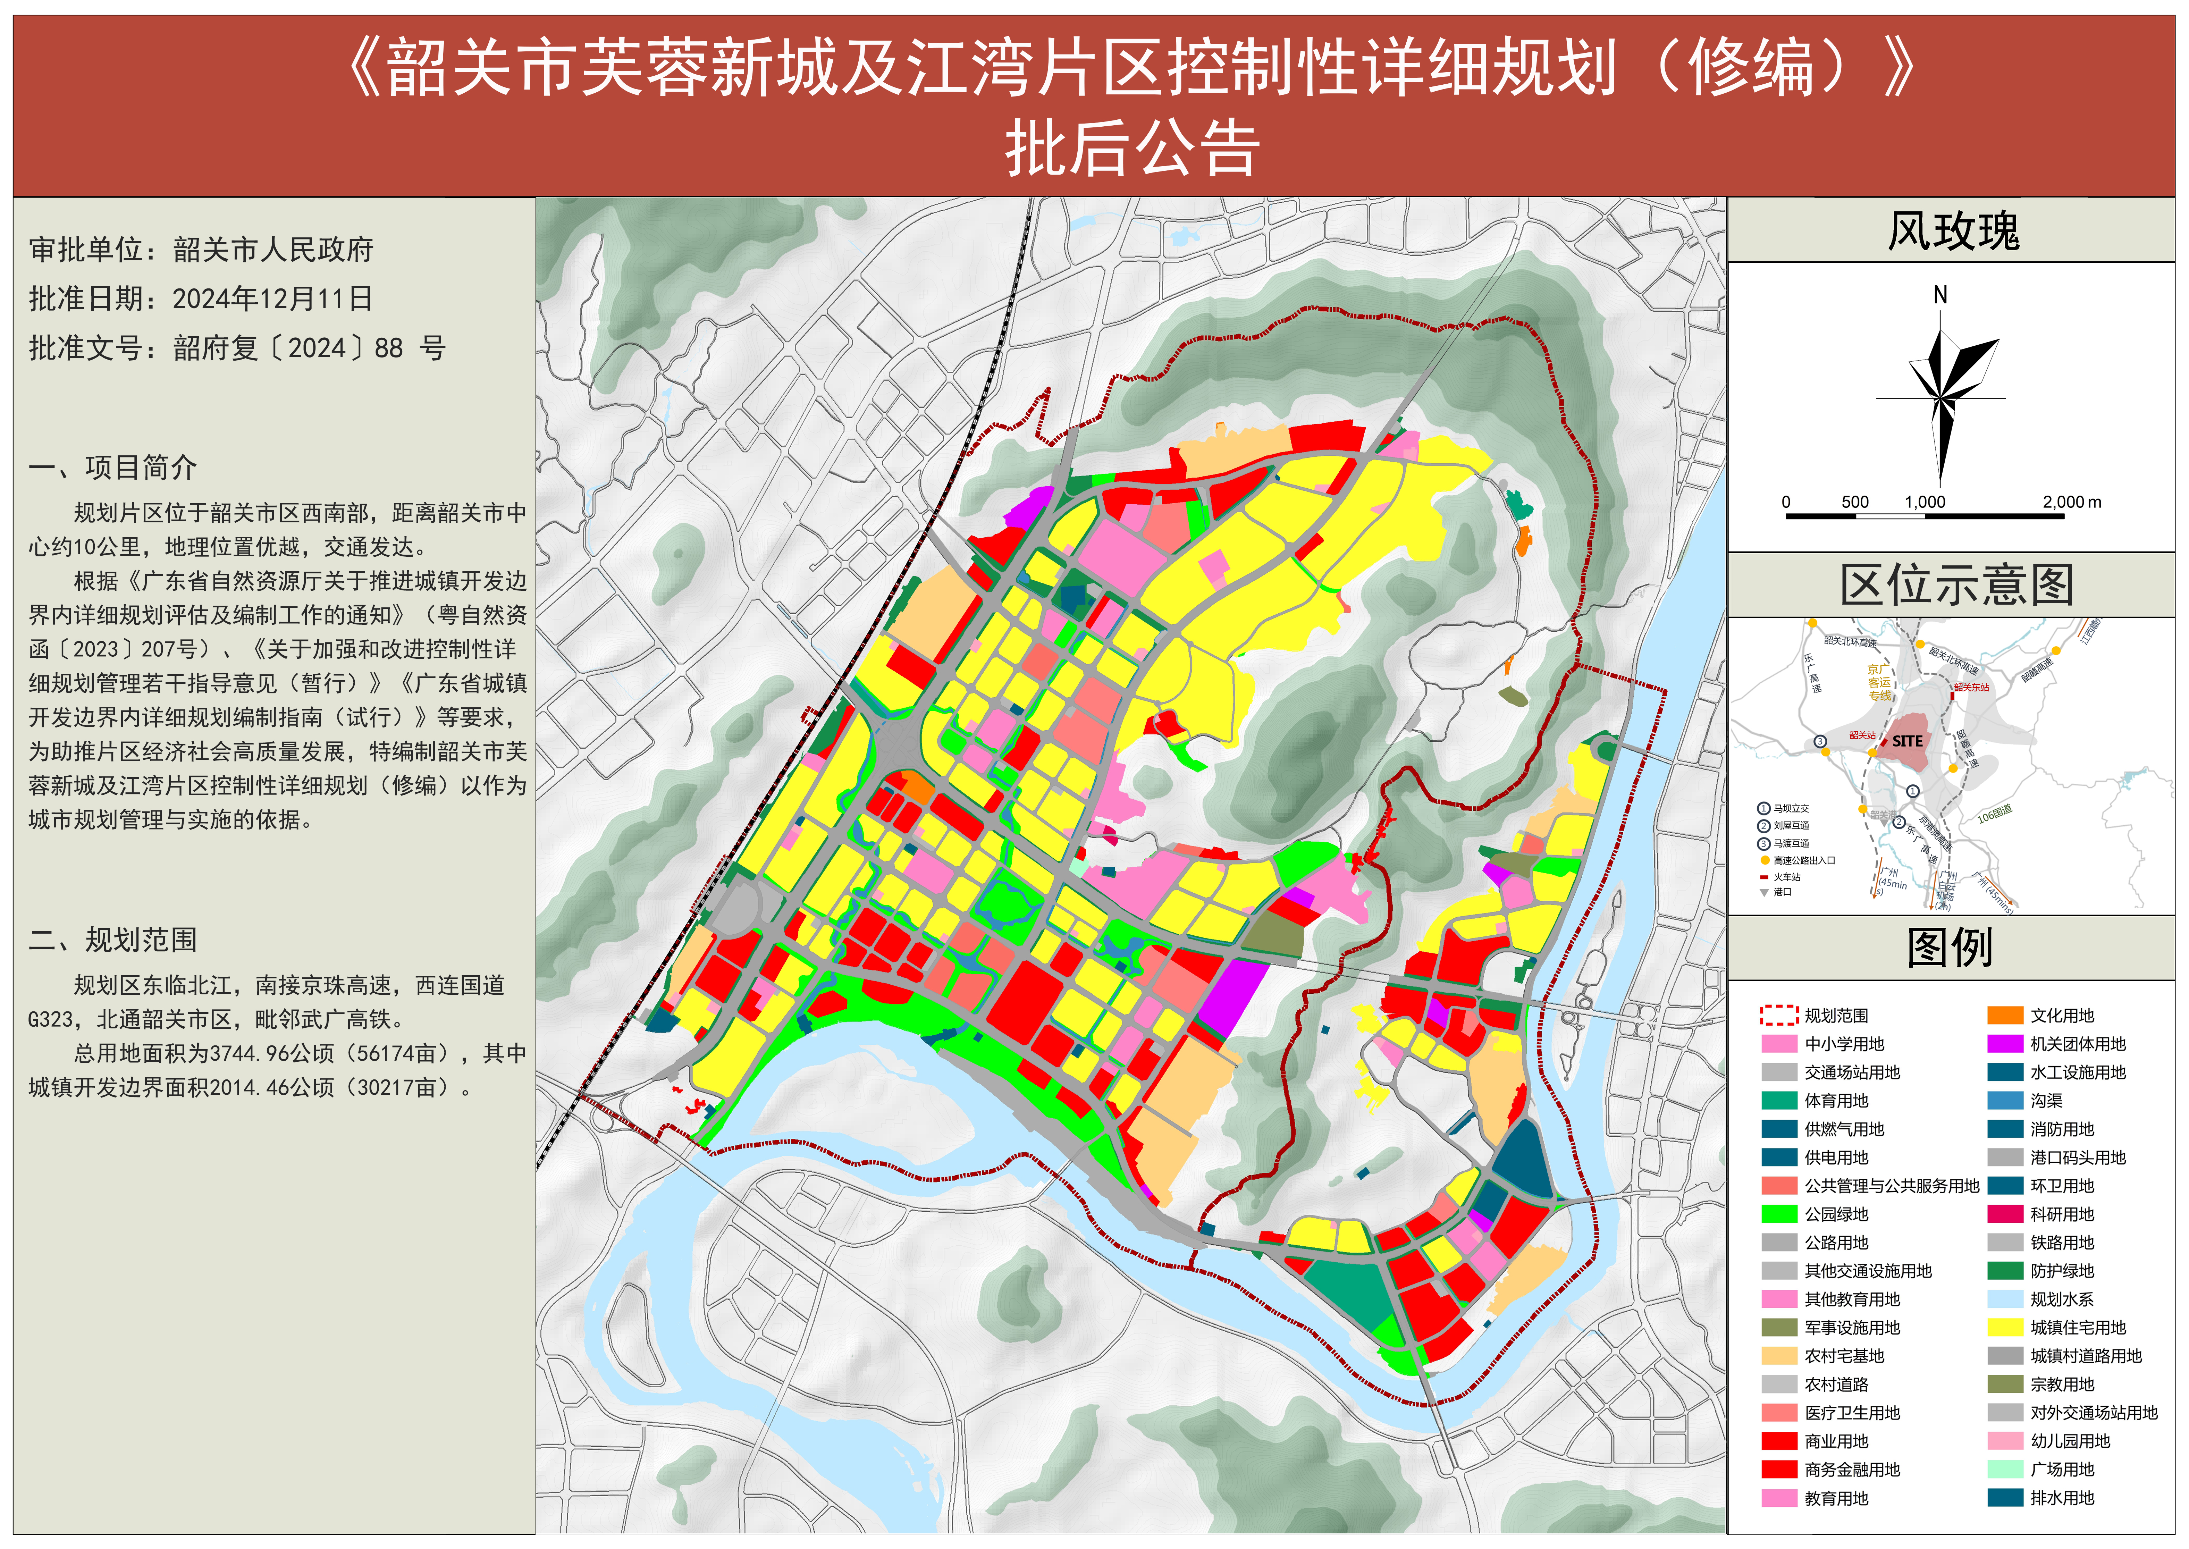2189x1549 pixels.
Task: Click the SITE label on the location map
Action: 1908,741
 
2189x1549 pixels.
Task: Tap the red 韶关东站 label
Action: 1971,687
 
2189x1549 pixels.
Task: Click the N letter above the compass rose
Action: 1940,295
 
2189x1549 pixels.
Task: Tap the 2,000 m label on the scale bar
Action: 2072,502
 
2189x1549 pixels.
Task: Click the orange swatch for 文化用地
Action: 2005,1016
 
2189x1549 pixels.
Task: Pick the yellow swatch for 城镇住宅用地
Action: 2005,1328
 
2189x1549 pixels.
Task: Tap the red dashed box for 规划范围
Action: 1779,1016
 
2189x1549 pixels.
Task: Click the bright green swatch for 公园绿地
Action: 1779,1214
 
